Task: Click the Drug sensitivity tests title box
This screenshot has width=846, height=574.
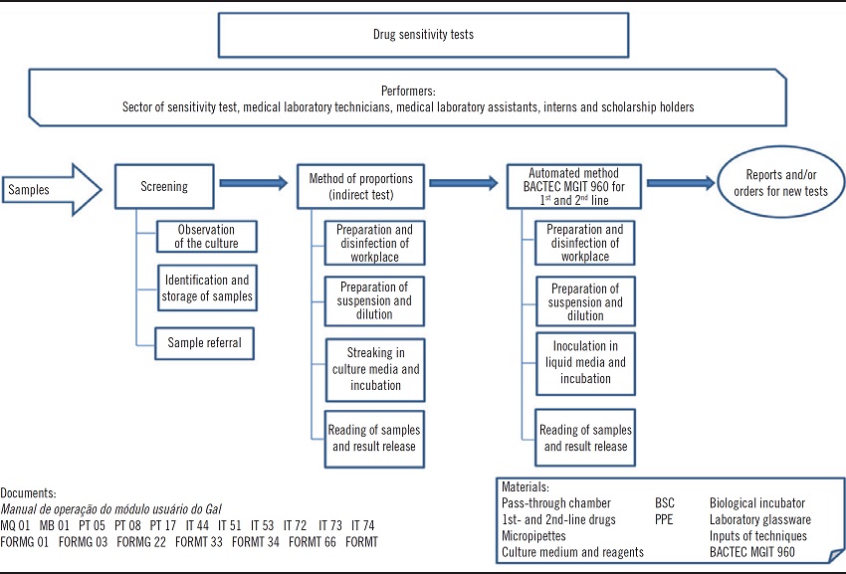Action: [423, 35]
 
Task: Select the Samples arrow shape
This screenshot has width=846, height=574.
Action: [50, 187]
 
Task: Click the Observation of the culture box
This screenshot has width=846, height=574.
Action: [206, 237]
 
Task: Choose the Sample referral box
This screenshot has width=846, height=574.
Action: [204, 343]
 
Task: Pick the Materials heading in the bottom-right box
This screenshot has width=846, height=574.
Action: [526, 487]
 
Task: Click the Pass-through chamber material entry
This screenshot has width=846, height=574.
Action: [556, 503]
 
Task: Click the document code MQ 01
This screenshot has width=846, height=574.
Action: [15, 524]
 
